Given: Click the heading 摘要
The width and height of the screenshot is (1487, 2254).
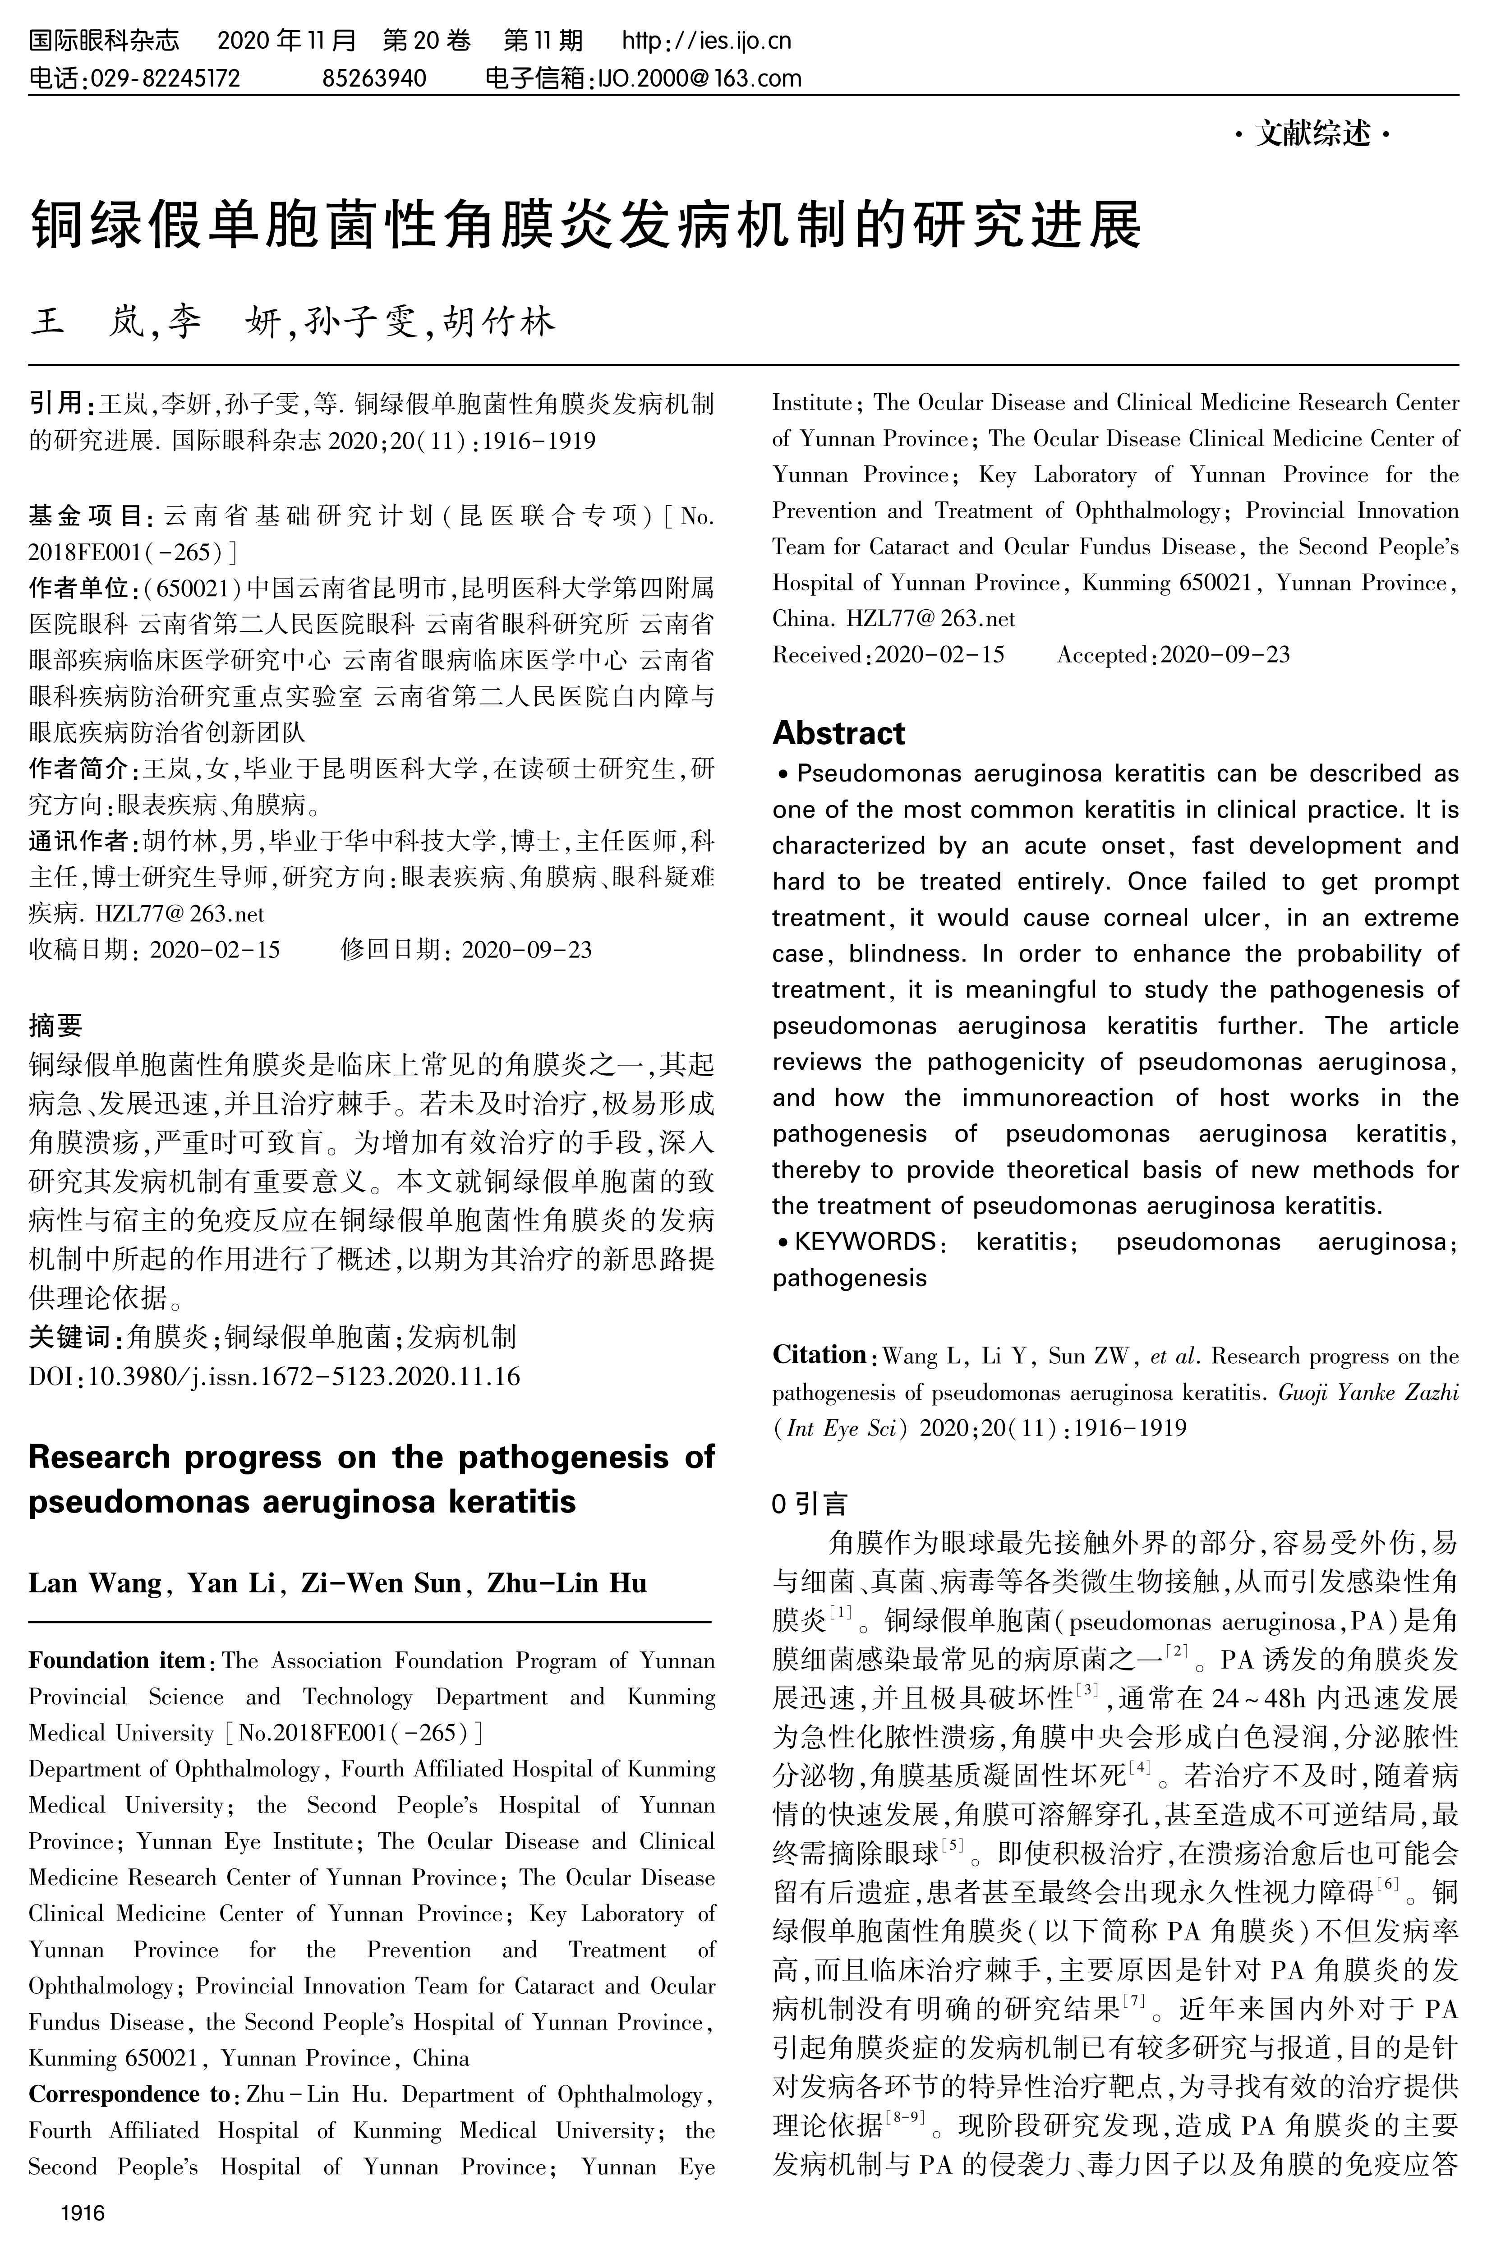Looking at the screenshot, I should click(55, 1025).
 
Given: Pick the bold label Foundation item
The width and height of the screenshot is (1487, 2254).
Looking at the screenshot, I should click(117, 1661).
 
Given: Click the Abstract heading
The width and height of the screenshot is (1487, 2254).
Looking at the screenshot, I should click(838, 733).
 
